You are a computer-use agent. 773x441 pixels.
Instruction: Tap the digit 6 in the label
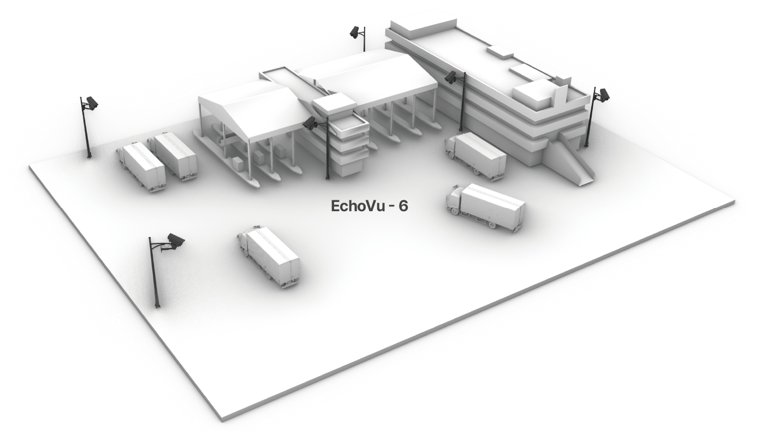[x=404, y=206]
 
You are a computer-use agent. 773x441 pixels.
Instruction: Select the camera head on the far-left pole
[x=92, y=103]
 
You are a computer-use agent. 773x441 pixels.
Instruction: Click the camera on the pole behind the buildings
[x=354, y=32]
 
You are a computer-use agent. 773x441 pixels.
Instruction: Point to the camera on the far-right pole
[x=604, y=95]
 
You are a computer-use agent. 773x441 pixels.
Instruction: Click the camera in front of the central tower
[x=310, y=122]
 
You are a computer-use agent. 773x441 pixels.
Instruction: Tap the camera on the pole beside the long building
[x=451, y=76]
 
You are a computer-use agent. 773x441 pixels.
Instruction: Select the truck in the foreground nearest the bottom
[x=269, y=256]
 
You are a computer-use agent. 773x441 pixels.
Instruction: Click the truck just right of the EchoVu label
[x=485, y=207]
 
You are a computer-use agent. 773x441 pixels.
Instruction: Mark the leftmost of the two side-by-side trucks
[x=141, y=166]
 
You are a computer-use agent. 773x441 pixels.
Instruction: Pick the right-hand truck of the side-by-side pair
[x=173, y=156]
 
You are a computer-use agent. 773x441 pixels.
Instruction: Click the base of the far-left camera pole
[x=89, y=156]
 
